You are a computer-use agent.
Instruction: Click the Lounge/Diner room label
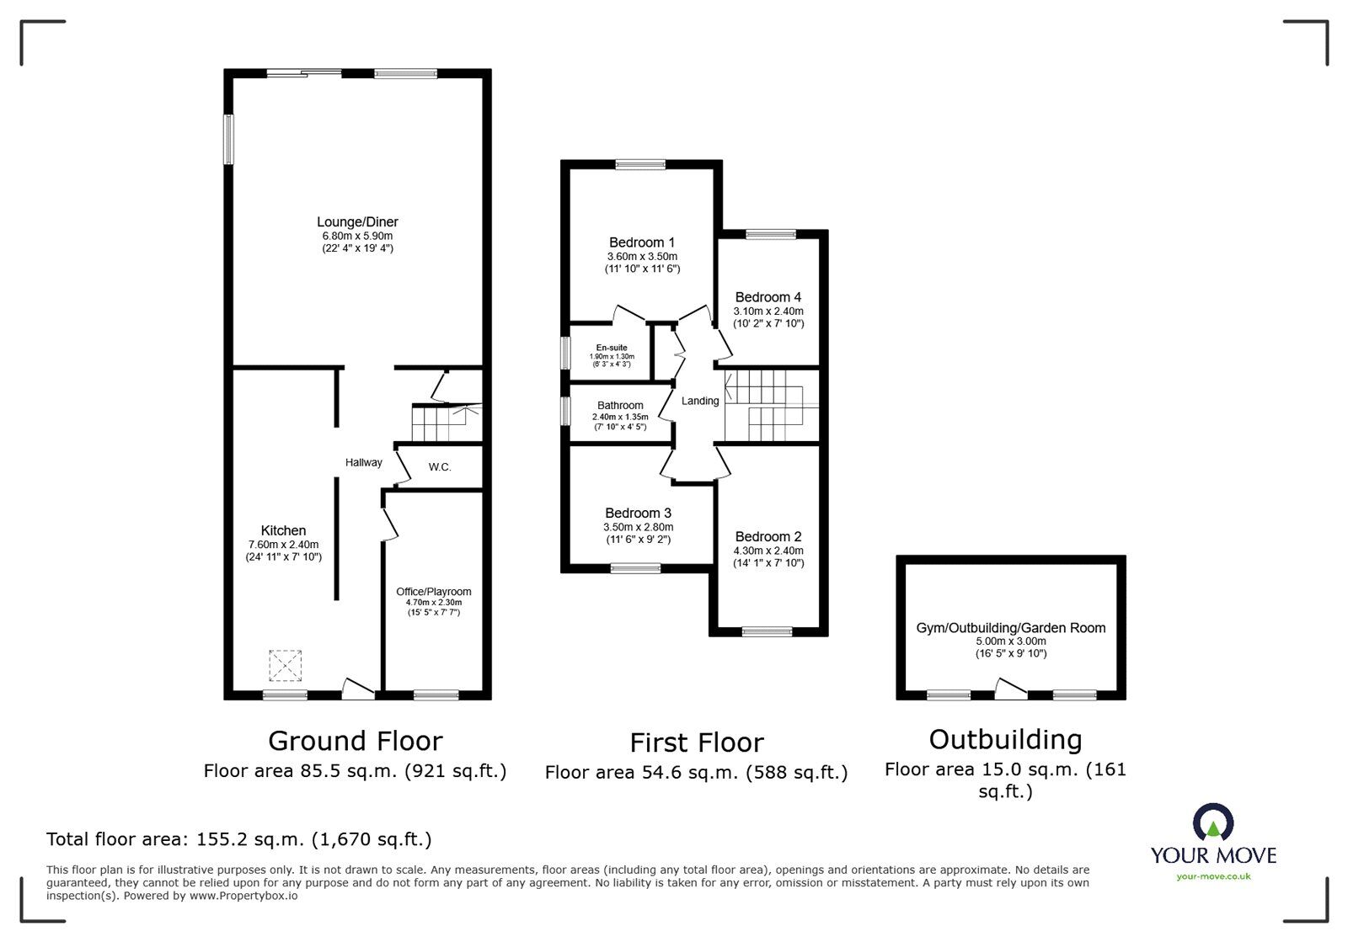tap(357, 222)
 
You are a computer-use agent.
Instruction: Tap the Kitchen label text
tap(283, 530)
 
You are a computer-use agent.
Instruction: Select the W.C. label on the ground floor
tap(440, 466)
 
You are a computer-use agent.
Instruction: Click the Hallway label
tap(363, 462)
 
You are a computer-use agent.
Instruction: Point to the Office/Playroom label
tap(434, 592)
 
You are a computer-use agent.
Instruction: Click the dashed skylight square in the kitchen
tap(285, 666)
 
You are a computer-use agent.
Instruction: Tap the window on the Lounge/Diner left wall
tap(228, 140)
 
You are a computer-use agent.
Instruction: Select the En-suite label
tap(612, 348)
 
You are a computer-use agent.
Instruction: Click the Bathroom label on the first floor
tap(620, 406)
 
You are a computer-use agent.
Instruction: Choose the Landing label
tap(700, 401)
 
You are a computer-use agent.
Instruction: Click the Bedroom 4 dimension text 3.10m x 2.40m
tap(768, 311)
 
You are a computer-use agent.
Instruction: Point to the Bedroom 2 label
tap(768, 537)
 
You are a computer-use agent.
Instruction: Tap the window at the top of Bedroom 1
tap(640, 165)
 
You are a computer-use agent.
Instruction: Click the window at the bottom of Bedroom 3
tap(636, 568)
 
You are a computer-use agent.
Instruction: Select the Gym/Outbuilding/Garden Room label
tap(1011, 628)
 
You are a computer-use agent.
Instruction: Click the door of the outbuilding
tap(1010, 690)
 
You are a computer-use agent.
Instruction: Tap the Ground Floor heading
tap(355, 741)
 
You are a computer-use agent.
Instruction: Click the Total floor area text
tap(238, 839)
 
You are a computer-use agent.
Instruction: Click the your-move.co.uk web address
tap(1213, 876)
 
